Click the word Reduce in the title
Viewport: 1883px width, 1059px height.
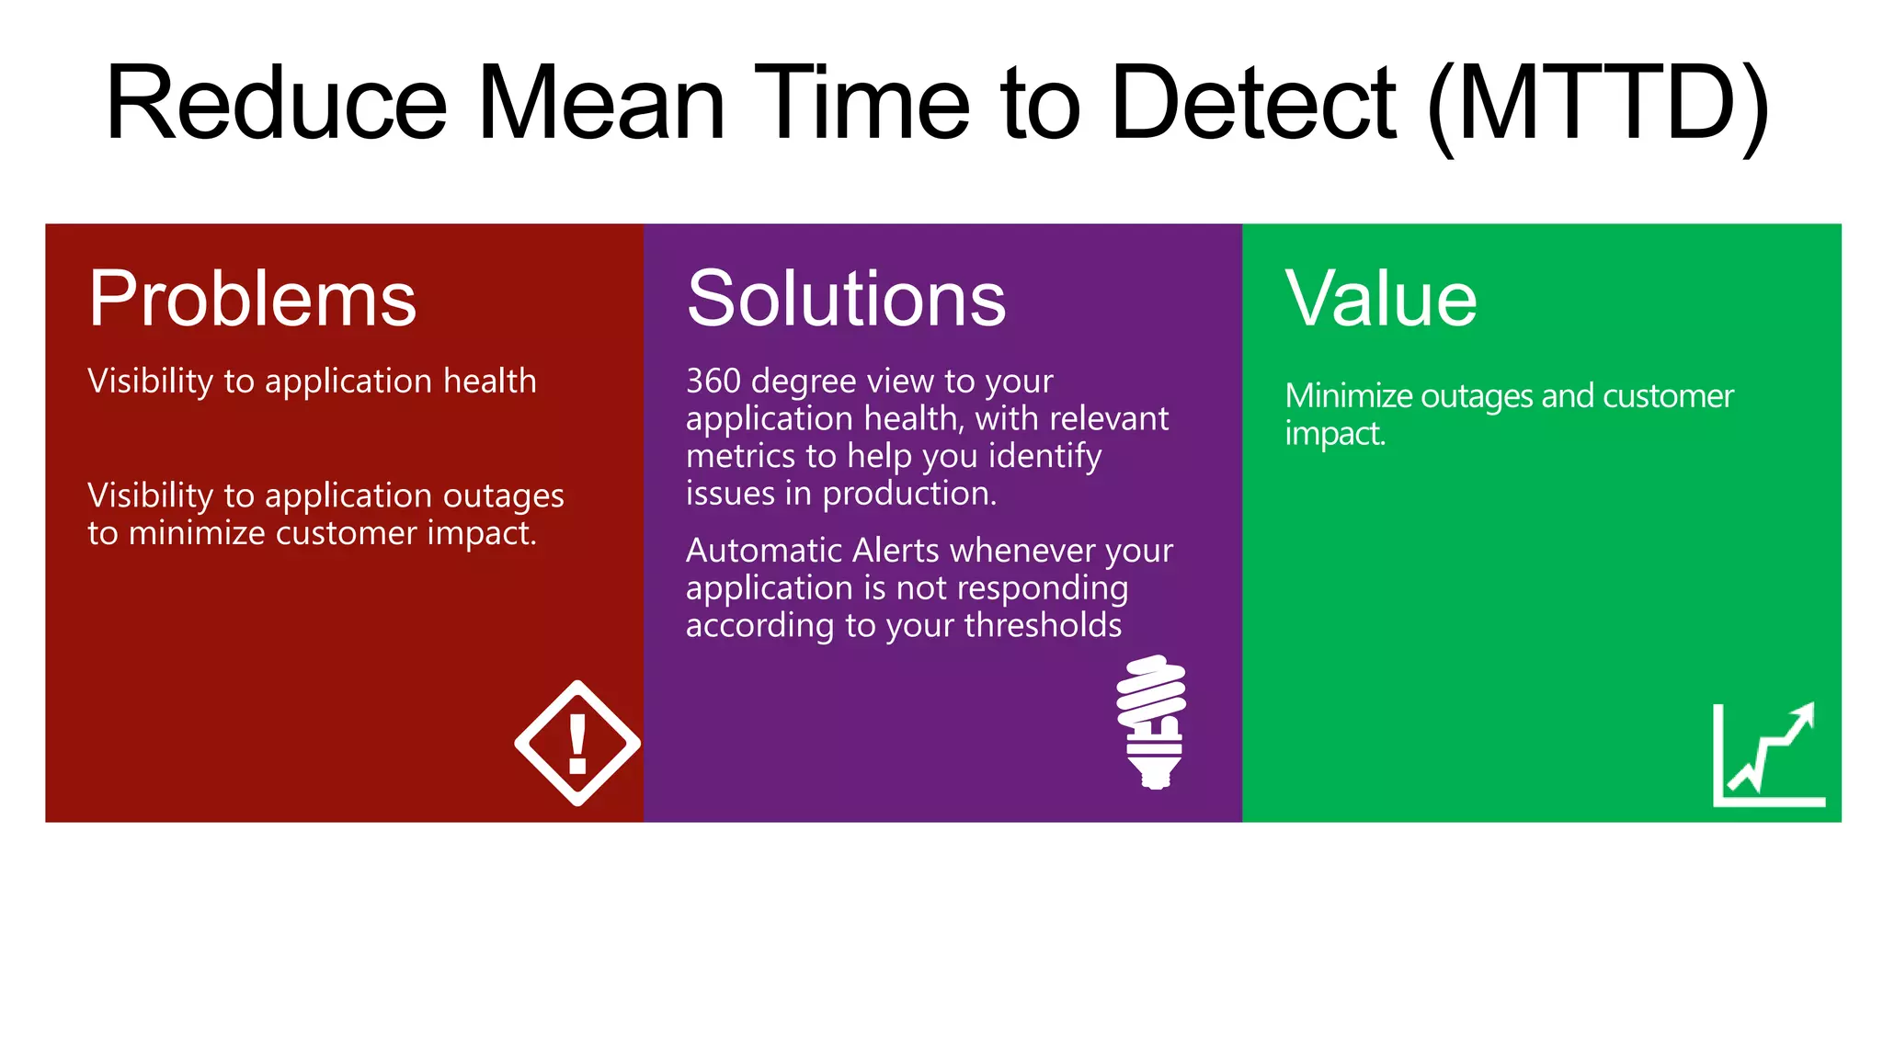click(276, 103)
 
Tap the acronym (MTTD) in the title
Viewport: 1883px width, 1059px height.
click(1598, 103)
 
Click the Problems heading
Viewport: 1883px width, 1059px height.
click(252, 299)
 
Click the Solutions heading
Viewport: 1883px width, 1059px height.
click(846, 299)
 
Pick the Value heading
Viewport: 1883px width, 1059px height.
click(1381, 299)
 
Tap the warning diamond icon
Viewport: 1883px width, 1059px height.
click(577, 743)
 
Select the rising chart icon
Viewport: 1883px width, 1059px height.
click(1767, 756)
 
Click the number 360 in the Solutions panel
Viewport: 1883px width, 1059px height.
click(713, 381)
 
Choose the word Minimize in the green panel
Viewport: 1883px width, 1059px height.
click(1348, 396)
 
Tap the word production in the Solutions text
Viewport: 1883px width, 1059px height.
click(908, 495)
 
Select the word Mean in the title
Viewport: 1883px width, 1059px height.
click(600, 103)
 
